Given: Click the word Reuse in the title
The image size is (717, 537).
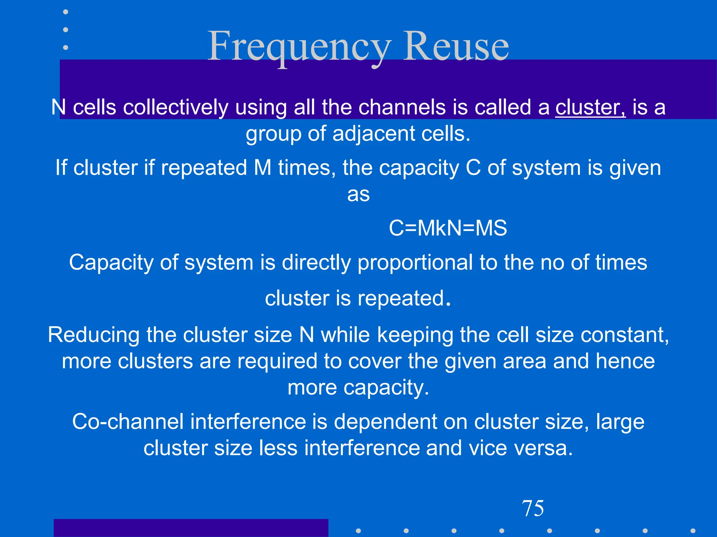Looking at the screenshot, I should [456, 46].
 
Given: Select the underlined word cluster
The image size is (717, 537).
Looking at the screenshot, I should [590, 107].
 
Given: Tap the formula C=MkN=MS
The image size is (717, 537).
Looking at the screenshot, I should [448, 228].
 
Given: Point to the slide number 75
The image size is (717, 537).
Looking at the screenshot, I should [533, 508].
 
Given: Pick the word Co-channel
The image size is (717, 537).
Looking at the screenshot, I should [128, 422].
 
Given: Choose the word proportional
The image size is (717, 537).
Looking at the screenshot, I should [415, 263].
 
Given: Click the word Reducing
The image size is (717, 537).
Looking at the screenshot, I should [93, 335].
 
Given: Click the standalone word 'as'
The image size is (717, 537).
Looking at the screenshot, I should [358, 194].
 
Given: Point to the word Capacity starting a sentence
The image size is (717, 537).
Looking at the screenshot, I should [111, 263].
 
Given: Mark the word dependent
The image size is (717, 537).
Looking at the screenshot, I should [385, 422].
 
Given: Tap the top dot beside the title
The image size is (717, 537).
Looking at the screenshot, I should [65, 12].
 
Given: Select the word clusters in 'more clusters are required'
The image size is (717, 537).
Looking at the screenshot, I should [155, 361].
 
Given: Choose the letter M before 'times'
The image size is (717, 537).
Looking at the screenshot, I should [263, 168].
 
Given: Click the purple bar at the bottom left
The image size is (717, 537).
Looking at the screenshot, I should [191, 528].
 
